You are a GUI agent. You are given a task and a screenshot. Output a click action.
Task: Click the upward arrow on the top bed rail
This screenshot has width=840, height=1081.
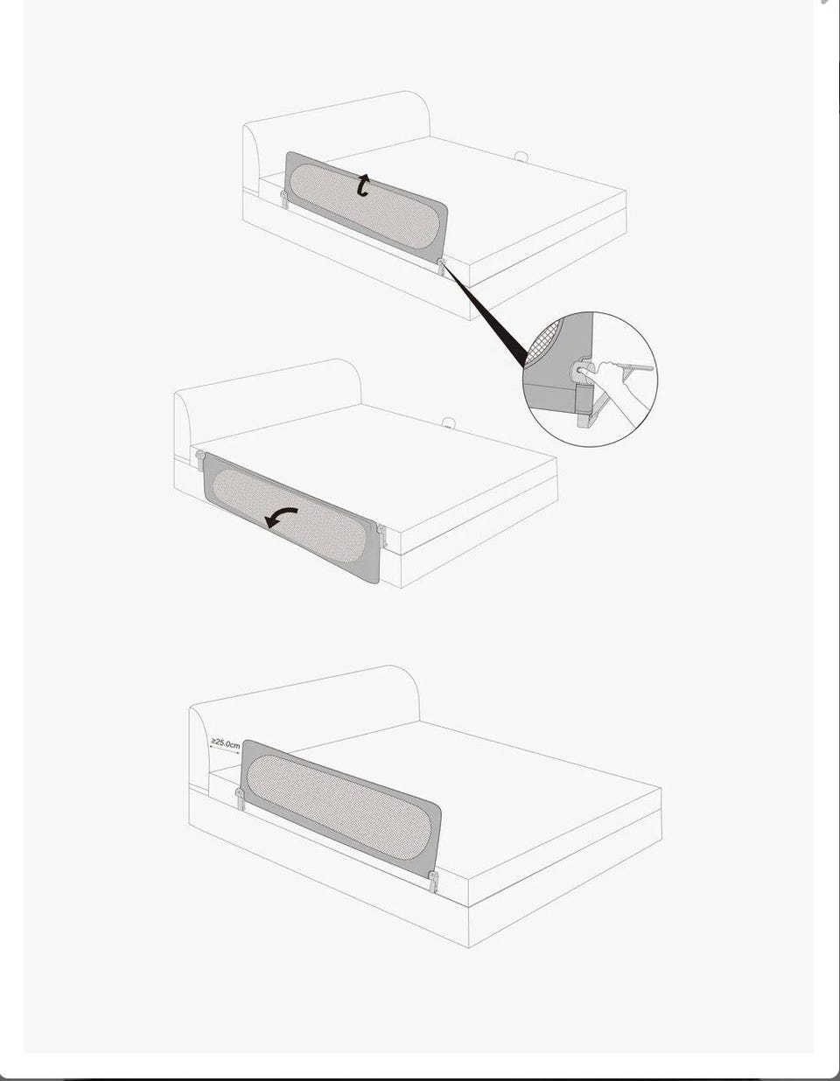(364, 185)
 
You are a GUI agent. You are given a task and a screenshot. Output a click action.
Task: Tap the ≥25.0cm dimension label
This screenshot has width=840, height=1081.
(226, 743)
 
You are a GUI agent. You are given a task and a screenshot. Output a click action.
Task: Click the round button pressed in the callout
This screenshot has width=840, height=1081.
(580, 370)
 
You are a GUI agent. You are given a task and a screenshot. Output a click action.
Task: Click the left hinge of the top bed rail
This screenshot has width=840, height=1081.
(283, 199)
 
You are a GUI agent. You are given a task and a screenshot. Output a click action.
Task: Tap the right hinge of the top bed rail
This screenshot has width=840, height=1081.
(440, 267)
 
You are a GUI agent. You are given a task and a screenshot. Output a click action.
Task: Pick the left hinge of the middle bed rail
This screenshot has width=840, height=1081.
(200, 460)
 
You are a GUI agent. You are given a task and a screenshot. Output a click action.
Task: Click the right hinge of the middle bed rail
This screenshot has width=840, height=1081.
(381, 536)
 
